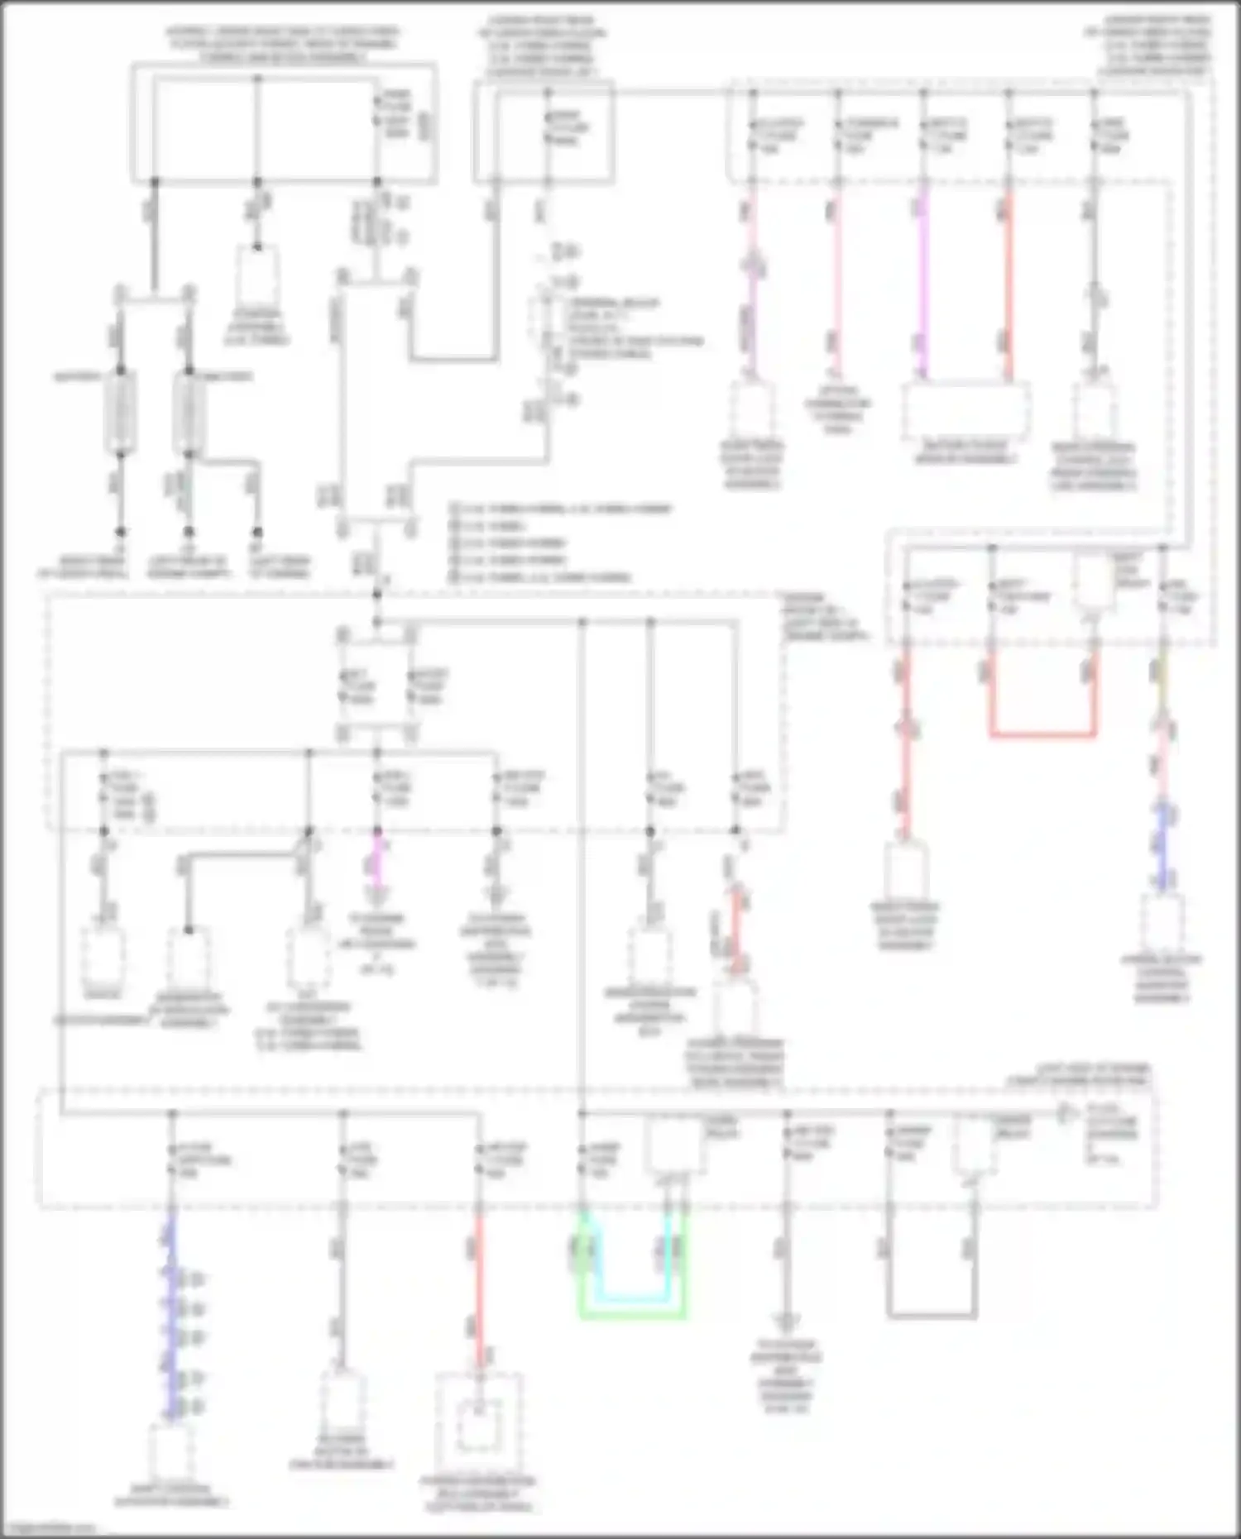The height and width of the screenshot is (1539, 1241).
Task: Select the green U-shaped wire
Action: pos(633,1315)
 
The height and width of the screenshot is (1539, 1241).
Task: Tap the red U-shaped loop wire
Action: pos(1042,734)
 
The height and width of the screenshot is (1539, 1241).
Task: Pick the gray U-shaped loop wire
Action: pos(932,1315)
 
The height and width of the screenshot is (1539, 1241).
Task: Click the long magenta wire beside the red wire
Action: pos(924,281)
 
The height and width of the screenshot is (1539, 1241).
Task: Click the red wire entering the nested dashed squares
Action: pos(479,1290)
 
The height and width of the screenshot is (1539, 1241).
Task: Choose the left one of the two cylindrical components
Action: pos(120,411)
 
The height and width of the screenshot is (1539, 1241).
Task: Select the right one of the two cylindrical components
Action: pos(189,411)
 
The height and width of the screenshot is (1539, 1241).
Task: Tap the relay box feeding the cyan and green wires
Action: pos(675,1145)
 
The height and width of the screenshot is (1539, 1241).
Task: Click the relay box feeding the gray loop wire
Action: pos(975,1145)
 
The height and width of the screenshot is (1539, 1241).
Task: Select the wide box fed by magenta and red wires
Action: pos(965,411)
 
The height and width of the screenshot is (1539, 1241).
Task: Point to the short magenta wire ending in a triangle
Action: pos(377,860)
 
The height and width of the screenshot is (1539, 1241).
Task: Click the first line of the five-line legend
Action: pos(563,509)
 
